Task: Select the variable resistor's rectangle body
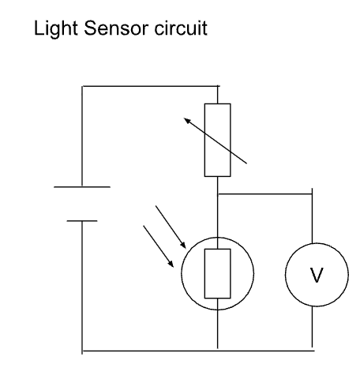tap(217, 139)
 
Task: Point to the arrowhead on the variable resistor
tap(186, 119)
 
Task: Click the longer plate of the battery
tap(82, 187)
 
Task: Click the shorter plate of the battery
tap(82, 220)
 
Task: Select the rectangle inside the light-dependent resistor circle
tap(217, 272)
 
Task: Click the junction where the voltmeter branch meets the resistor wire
tap(217, 191)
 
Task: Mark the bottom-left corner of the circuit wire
tap(82, 348)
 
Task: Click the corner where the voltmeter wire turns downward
tap(315, 191)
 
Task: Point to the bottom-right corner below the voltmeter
tap(315, 348)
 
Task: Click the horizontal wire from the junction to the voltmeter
tap(266, 191)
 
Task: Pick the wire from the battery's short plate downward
tap(82, 284)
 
